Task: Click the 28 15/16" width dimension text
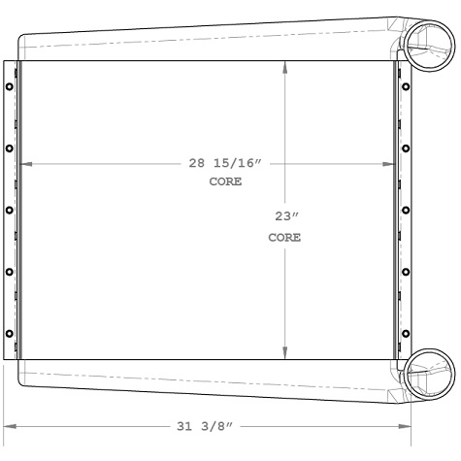tap(225, 163)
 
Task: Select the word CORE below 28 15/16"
tap(225, 181)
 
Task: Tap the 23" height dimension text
tap(283, 217)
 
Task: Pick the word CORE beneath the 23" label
tap(283, 237)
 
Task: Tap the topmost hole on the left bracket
tap(10, 86)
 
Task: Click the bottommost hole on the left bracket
tap(10, 335)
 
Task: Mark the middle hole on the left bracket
tap(10, 211)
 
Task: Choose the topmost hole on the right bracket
tap(405, 86)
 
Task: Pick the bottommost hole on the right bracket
tap(405, 335)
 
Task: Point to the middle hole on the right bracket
tap(405, 211)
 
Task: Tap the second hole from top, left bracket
tap(10, 148)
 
